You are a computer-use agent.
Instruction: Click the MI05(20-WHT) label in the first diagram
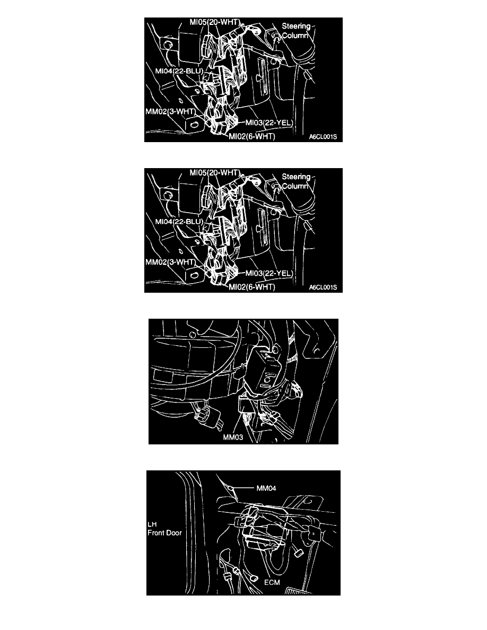coord(214,22)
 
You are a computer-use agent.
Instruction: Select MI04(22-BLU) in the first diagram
coord(179,71)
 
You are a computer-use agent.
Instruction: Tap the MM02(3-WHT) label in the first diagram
coord(170,111)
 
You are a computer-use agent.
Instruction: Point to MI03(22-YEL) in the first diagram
coord(269,122)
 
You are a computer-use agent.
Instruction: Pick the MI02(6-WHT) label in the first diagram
coord(252,137)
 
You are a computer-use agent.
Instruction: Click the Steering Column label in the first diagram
coord(295,31)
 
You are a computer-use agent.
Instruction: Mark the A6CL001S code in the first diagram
coord(323,137)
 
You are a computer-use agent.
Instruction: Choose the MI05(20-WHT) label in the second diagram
coord(214,172)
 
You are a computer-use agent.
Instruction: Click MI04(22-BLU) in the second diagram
coord(179,222)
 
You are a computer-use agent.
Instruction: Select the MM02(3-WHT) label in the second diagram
coord(170,262)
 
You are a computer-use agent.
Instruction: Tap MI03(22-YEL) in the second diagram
coord(269,273)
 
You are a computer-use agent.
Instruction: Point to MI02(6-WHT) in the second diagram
coord(252,287)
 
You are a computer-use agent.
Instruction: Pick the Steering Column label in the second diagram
coord(295,181)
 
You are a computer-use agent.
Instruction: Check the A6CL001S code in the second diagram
coord(323,287)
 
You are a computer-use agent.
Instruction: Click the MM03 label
coord(233,437)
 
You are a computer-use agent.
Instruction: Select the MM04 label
coord(266,488)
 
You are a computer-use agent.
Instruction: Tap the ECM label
coord(272,582)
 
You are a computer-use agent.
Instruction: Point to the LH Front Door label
coord(164,529)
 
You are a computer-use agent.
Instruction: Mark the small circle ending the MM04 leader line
coord(232,487)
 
